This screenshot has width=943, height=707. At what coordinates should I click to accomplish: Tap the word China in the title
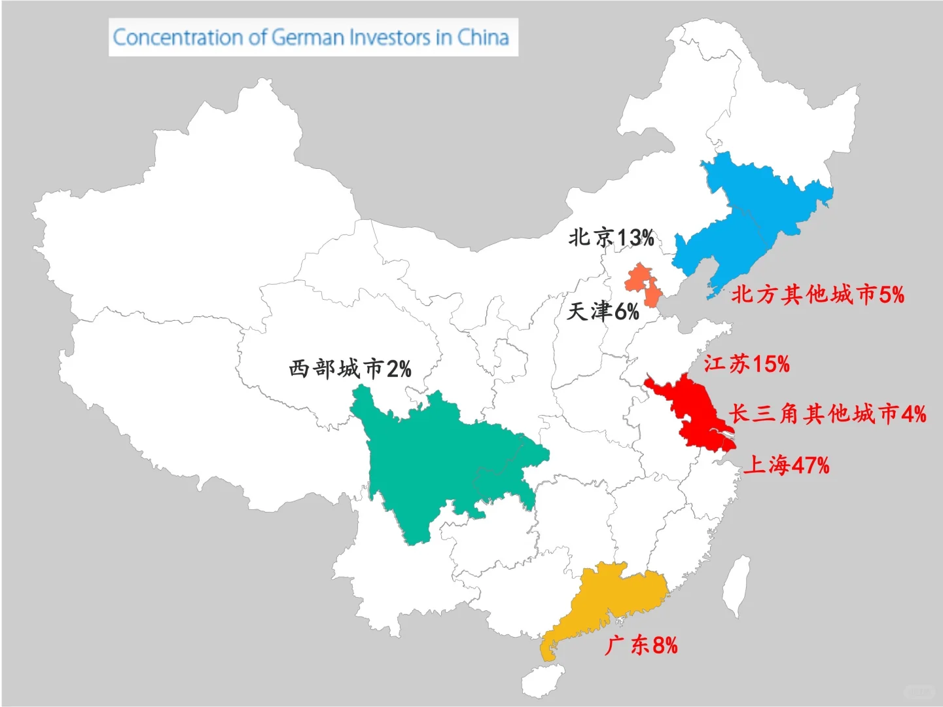tap(483, 37)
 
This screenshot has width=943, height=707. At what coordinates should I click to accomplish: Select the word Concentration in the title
tap(177, 37)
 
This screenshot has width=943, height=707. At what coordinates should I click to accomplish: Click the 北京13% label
tap(611, 237)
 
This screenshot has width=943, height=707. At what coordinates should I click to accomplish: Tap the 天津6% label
tap(603, 311)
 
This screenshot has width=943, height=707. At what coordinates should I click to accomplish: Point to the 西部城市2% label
tap(350, 369)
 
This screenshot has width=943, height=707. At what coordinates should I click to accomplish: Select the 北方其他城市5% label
tap(817, 295)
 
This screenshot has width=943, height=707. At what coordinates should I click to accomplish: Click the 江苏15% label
tap(747, 363)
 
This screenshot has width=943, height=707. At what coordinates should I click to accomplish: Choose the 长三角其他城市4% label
tap(827, 414)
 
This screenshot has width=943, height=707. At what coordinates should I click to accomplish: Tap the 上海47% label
tap(786, 465)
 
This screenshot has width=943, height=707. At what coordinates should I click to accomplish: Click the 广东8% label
tap(641, 645)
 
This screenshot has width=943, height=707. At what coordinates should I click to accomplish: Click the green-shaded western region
tap(432, 458)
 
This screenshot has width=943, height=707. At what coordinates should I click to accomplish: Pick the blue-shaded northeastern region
tap(753, 216)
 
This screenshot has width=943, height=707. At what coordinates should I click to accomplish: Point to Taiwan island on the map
tap(738, 586)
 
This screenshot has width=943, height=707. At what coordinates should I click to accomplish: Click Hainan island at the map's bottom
tap(543, 681)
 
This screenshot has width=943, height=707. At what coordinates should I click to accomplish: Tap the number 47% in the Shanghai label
tap(810, 465)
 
